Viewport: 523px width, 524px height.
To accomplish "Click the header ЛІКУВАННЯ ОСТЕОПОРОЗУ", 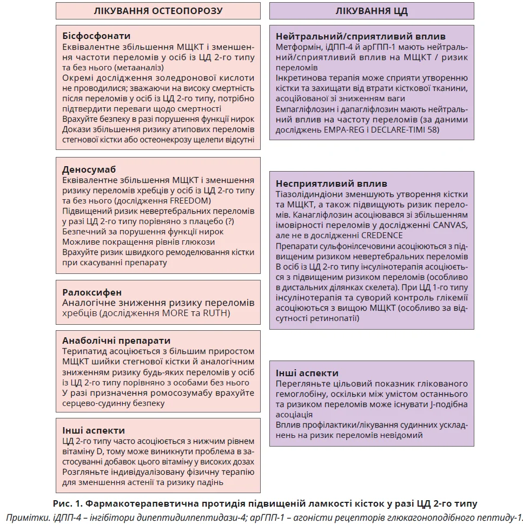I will click(158, 11).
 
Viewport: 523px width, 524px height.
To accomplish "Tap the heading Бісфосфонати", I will click(96, 36).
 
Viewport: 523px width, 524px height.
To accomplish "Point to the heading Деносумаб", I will click(89, 169).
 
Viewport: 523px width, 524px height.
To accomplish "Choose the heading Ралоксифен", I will click(92, 292).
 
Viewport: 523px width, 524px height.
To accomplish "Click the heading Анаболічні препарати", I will click(116, 340).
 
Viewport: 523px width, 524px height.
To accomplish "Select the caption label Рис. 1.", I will click(65, 504).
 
